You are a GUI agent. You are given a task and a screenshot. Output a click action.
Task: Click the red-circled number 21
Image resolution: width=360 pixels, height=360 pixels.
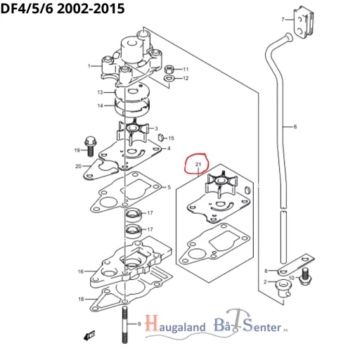pos(198,166)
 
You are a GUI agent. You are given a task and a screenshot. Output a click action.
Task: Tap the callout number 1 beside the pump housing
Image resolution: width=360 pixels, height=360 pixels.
pos(89,66)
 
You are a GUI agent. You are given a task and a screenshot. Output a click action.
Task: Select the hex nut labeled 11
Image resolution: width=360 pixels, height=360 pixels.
pos(169,70)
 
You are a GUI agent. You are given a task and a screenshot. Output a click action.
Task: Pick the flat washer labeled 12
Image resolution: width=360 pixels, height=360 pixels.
pos(169,79)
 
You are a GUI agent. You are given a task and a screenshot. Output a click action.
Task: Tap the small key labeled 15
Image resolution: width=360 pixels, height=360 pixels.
pos(160,138)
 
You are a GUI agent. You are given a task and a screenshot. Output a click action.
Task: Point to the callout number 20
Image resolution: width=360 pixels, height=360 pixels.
pos(79,166)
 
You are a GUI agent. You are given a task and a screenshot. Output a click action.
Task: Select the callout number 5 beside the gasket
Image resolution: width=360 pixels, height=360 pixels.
pos(168,187)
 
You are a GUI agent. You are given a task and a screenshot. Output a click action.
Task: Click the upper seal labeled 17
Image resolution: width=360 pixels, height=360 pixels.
pos(133,214)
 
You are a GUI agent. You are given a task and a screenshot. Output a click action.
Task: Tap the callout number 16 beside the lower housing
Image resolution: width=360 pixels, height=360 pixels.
pos(81,271)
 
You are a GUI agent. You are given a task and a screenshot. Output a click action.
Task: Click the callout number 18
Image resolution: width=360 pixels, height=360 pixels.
pos(81,299)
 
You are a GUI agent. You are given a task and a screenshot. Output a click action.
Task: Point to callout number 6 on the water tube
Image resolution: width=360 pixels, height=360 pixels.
pos(295,127)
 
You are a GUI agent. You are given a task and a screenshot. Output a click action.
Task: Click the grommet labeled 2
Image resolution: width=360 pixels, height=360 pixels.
pos(283,285)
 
